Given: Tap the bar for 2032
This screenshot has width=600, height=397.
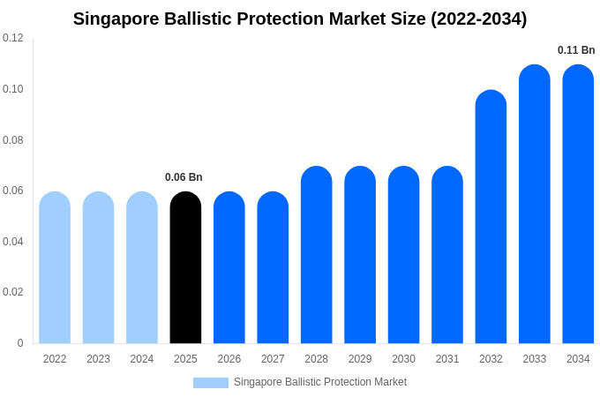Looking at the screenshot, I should pyautogui.click(x=491, y=217).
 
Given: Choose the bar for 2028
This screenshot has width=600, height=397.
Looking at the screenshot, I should pyautogui.click(x=316, y=255).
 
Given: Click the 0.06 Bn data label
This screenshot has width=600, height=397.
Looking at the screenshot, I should pyautogui.click(x=184, y=177).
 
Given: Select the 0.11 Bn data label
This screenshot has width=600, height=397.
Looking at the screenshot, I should pyautogui.click(x=576, y=50).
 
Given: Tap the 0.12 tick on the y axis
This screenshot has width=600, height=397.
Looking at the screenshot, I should pyautogui.click(x=13, y=38).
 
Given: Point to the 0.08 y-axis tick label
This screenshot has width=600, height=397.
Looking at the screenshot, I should pyautogui.click(x=13, y=139).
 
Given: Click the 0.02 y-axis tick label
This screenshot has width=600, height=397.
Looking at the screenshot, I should pyautogui.click(x=13, y=292).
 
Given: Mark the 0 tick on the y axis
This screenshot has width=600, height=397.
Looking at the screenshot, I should pyautogui.click(x=20, y=343).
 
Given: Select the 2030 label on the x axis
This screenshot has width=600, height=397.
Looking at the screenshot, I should pyautogui.click(x=403, y=359).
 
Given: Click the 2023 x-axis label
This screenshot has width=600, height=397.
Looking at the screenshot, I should pyautogui.click(x=98, y=359).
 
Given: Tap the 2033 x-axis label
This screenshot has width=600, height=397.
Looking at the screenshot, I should pyautogui.click(x=534, y=359).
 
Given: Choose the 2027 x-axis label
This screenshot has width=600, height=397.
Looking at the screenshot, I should pyautogui.click(x=273, y=359).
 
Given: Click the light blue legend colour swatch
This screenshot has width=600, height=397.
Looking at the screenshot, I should pyautogui.click(x=211, y=383).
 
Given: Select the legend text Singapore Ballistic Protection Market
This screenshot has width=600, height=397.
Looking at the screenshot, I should pyautogui.click(x=320, y=382).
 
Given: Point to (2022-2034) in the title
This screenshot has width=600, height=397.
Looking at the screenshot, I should pyautogui.click(x=478, y=19).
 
